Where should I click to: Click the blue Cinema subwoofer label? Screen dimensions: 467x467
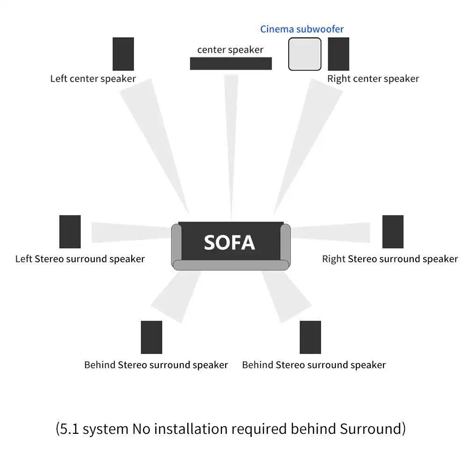(302, 29)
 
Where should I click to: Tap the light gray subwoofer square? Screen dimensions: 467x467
(304, 54)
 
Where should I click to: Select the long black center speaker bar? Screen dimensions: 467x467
(231, 63)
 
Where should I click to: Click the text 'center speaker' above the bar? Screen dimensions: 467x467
(230, 50)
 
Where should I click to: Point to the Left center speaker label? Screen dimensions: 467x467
(93, 78)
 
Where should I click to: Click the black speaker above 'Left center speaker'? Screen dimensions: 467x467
(123, 54)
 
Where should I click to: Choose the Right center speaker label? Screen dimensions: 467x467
(373, 78)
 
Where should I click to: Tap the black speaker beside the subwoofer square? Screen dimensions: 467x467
(339, 54)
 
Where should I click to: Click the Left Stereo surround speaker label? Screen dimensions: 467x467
(80, 259)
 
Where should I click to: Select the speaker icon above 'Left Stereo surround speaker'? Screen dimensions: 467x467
(70, 232)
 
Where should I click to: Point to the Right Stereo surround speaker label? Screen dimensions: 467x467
(390, 259)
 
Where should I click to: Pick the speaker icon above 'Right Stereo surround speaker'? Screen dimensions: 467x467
(393, 232)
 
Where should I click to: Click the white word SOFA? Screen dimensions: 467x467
(229, 242)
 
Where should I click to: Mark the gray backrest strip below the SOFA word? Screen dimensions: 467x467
(231, 265)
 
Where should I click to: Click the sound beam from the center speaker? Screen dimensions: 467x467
(231, 140)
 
